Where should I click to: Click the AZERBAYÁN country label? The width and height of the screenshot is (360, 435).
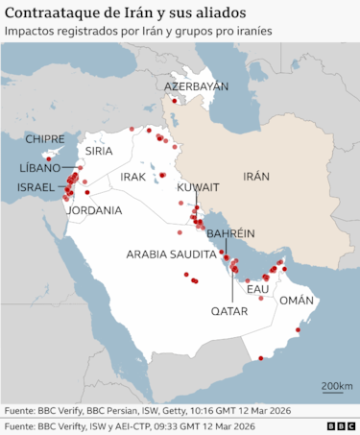click(x=197, y=86)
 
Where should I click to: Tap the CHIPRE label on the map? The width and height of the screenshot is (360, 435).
click(x=45, y=139)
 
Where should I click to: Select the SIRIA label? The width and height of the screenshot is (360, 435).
click(x=99, y=151)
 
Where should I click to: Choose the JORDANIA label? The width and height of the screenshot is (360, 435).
click(x=96, y=209)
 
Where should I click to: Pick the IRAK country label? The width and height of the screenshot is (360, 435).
click(x=132, y=178)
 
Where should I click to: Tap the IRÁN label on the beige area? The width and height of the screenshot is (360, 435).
click(x=256, y=177)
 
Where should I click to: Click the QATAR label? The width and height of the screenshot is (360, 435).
click(x=229, y=311)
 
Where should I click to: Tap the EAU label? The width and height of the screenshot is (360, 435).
click(x=257, y=289)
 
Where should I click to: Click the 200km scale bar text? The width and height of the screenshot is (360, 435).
click(x=336, y=386)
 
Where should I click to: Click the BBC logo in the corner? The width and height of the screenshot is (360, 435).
click(x=340, y=426)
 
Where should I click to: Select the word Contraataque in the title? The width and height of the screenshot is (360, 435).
click(x=52, y=12)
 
